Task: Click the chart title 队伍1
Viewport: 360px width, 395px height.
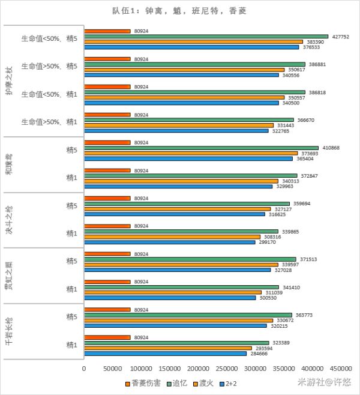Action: tap(179, 11)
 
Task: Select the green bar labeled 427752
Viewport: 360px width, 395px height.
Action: tap(206, 36)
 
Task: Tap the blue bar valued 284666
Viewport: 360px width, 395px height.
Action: tap(165, 354)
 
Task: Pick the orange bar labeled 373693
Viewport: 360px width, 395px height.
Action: tap(191, 153)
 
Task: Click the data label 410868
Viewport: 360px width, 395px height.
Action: tap(331, 148)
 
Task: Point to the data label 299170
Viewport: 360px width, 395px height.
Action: tap(267, 242)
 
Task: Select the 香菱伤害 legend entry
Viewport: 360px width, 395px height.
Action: tap(144, 382)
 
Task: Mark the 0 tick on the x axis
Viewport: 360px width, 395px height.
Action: tap(84, 368)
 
